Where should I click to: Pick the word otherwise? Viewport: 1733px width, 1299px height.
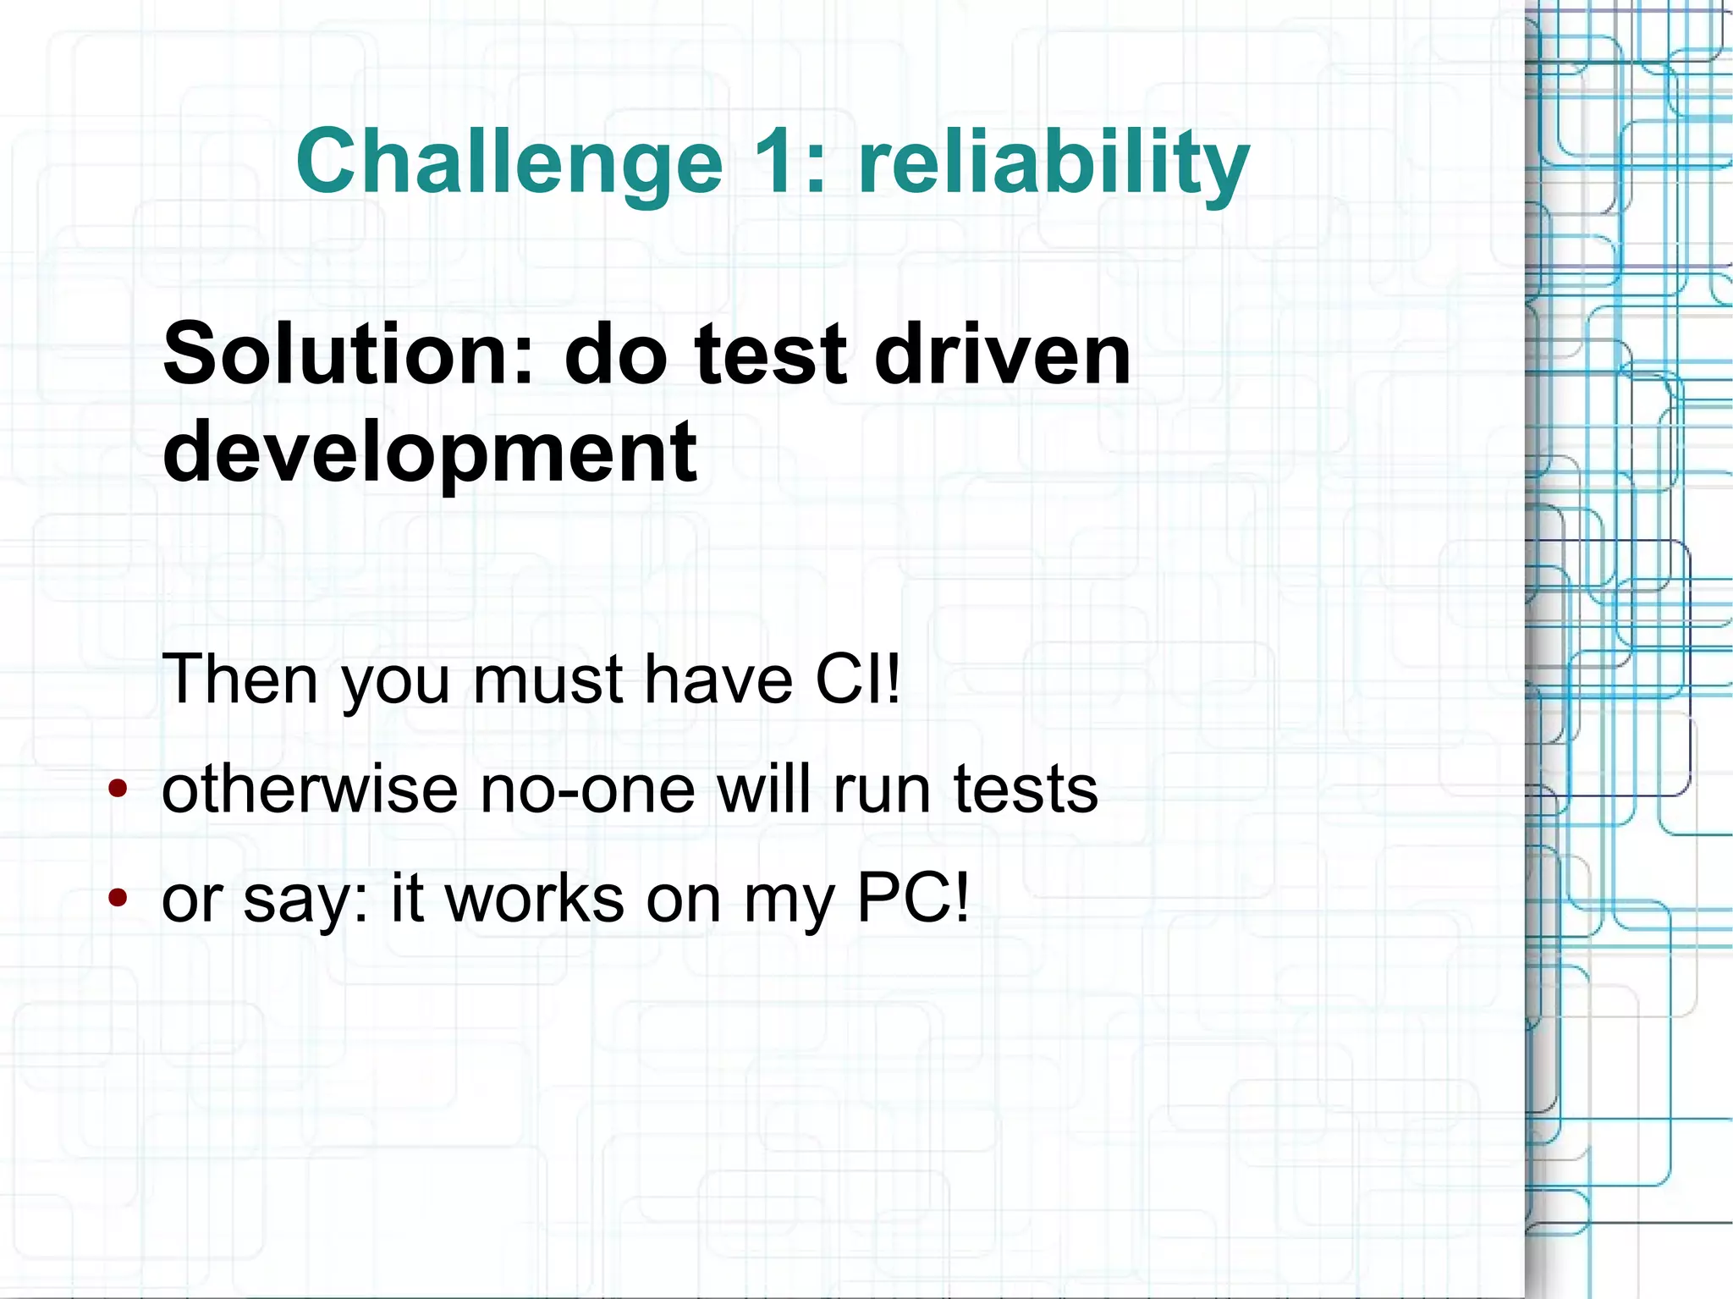[x=310, y=789]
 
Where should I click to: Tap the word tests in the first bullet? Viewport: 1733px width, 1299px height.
[x=1025, y=789]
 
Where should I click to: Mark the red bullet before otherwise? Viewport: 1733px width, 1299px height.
[x=118, y=790]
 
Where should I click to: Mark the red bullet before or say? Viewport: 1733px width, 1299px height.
[x=118, y=898]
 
